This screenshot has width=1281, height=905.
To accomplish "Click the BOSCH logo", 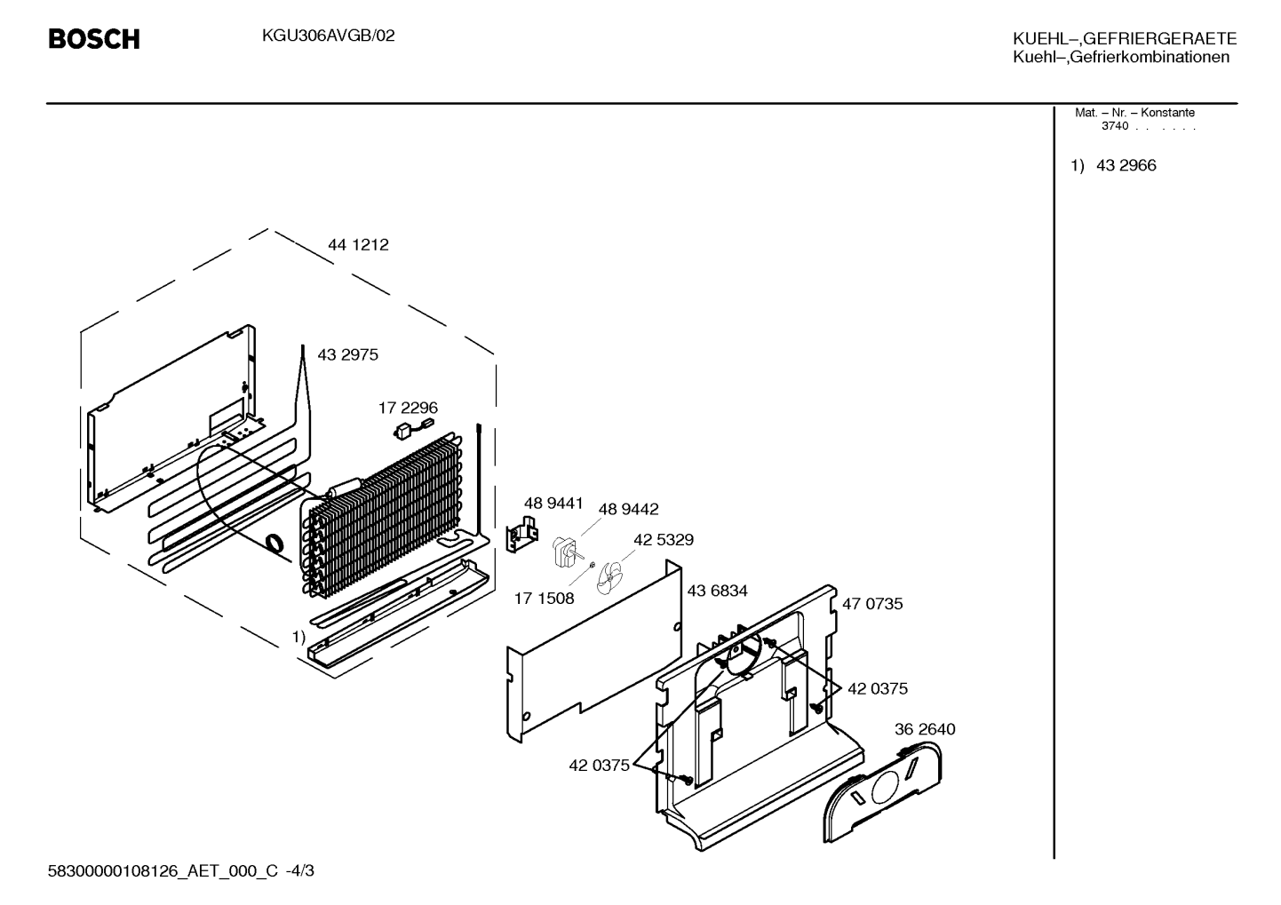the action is (x=94, y=39).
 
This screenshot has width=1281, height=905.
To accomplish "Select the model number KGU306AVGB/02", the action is (x=329, y=36).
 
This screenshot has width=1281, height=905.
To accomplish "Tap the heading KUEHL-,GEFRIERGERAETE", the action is (x=1125, y=38).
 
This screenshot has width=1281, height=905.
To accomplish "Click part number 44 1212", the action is (x=358, y=245).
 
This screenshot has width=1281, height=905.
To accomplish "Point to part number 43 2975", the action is (x=347, y=355).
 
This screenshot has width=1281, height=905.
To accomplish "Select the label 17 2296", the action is (x=408, y=408).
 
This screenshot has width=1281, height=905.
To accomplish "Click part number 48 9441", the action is (x=553, y=503).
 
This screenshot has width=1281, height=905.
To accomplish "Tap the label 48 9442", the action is (x=628, y=509).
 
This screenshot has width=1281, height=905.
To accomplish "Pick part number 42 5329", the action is (x=664, y=540).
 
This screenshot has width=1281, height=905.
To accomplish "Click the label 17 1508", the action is (x=544, y=599).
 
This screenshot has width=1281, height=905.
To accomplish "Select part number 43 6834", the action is (x=717, y=591).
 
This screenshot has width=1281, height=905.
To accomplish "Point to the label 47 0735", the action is (x=872, y=604).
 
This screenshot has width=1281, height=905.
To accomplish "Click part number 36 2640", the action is (x=925, y=729).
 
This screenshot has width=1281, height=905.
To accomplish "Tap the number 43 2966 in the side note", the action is (x=1126, y=165).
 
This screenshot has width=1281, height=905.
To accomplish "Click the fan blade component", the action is (x=609, y=578).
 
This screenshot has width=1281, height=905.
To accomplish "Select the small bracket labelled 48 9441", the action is (x=521, y=535).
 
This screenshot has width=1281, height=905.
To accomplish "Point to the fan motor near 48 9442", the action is (x=565, y=552).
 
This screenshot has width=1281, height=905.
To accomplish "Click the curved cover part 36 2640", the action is (x=882, y=792).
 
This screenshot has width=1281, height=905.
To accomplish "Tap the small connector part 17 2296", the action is (x=413, y=429).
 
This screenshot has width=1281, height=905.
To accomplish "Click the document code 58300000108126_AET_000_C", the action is (x=163, y=871).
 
